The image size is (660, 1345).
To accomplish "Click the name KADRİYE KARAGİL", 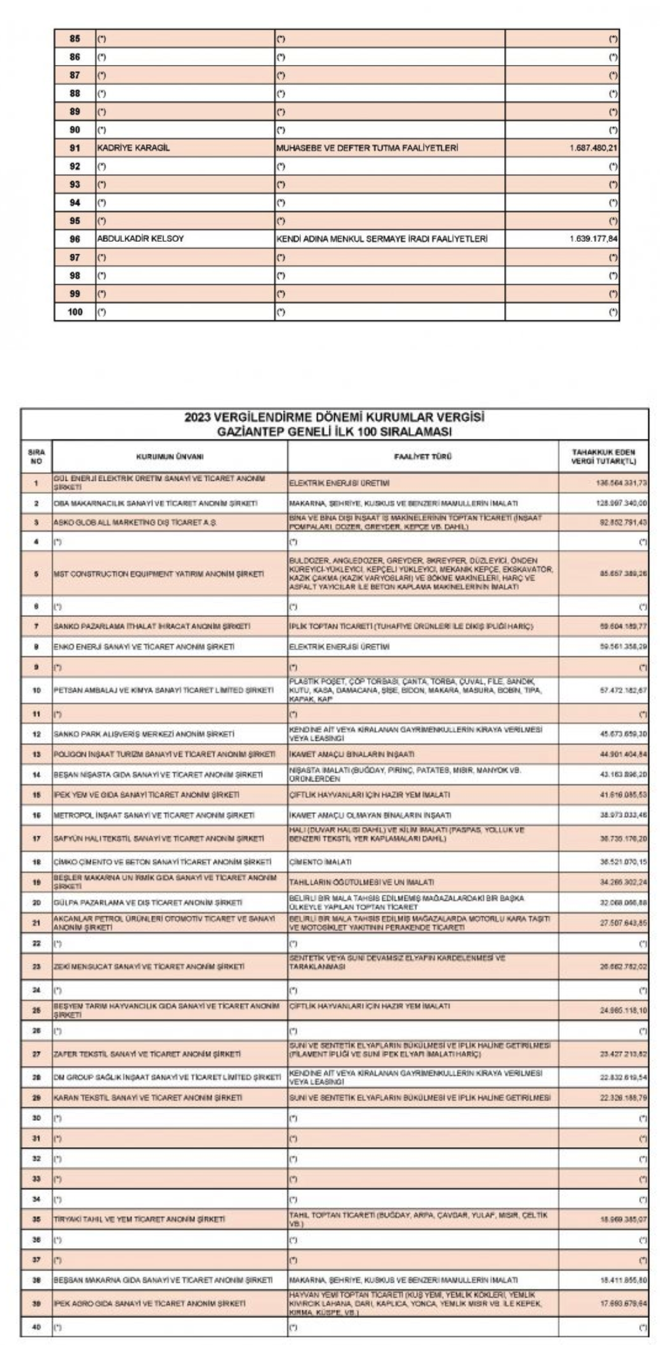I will [x=133, y=148].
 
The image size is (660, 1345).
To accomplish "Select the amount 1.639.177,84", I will [x=593, y=239].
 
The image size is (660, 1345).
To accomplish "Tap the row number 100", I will [x=75, y=312].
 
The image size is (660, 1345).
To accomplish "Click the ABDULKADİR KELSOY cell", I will [x=140, y=239].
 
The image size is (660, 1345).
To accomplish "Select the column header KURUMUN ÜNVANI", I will [x=169, y=457].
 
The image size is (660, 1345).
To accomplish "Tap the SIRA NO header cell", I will [x=36, y=457].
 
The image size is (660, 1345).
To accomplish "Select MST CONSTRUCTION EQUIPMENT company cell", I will [x=159, y=574].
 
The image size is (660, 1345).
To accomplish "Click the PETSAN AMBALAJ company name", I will [x=163, y=691].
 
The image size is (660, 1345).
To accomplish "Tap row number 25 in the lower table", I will [x=36, y=1010].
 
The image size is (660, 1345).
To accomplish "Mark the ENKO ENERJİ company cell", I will [x=144, y=647].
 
